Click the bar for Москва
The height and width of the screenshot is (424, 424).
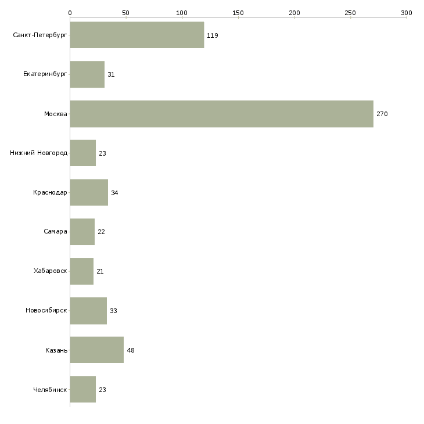pos(222,114)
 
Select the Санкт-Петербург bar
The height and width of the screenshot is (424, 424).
pos(137,35)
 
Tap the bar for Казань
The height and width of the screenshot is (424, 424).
pos(97,350)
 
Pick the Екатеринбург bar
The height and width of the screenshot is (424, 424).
pos(87,74)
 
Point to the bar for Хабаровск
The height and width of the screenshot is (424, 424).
pos(82,271)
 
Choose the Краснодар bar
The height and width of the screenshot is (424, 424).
pos(89,192)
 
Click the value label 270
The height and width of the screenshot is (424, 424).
pos(382,114)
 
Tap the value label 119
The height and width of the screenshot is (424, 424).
pos(212,35)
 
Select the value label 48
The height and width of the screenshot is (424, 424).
pos(131,350)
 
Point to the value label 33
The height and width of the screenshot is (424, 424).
pos(113,311)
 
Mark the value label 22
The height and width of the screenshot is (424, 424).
pos(101,232)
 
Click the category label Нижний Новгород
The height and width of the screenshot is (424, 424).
pos(38,153)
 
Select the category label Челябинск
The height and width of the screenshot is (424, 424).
pos(50,390)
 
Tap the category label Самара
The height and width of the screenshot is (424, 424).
pos(55,232)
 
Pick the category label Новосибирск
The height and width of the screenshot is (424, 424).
pos(46,310)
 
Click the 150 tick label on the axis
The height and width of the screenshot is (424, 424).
pos(238,13)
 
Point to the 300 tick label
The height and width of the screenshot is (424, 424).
pos(407,13)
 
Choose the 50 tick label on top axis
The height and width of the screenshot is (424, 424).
pos(125,13)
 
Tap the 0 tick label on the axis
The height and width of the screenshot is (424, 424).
pos(70,13)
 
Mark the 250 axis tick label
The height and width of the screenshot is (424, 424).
pos(350,13)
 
